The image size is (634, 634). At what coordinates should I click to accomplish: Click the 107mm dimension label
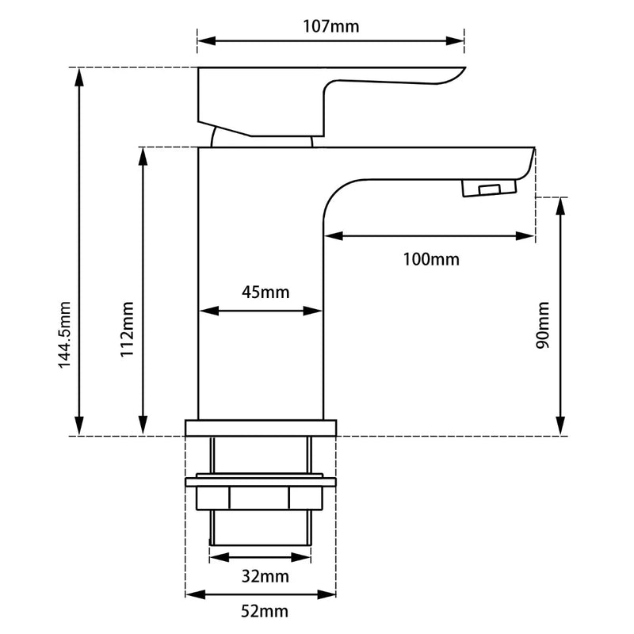(330, 26)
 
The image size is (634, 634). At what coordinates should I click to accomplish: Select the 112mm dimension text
(127, 330)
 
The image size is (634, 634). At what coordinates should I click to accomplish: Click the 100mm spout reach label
(430, 259)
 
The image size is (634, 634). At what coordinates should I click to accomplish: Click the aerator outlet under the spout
(488, 188)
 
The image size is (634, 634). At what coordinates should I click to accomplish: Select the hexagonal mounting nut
(261, 498)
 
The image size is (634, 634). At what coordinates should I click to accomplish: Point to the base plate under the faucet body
(261, 428)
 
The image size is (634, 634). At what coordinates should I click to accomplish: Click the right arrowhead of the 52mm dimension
(331, 594)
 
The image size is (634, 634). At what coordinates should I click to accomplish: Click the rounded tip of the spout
(529, 162)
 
